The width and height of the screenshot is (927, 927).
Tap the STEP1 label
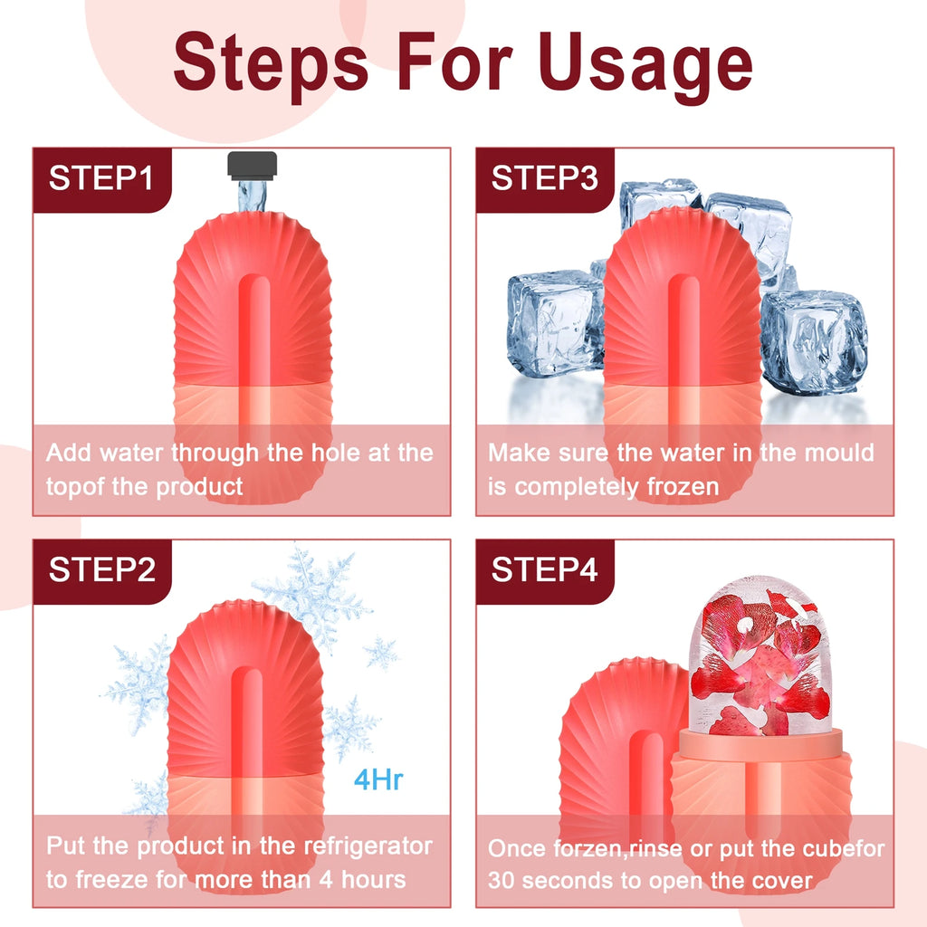tap(101, 178)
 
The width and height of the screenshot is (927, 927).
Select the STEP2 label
tap(101, 570)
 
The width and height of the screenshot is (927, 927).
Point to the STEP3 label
tap(544, 178)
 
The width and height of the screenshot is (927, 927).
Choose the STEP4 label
tap(544, 570)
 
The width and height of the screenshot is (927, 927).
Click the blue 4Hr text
tap(377, 780)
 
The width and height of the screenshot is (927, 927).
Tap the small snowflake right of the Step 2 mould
tap(380, 652)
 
